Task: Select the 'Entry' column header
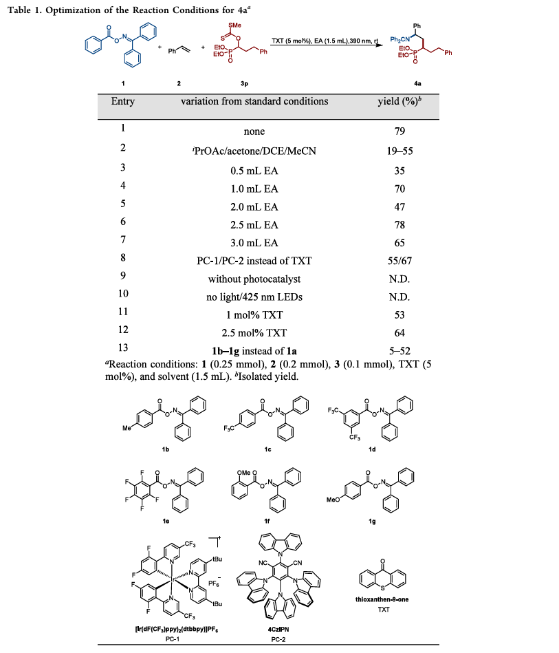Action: [x=123, y=102]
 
